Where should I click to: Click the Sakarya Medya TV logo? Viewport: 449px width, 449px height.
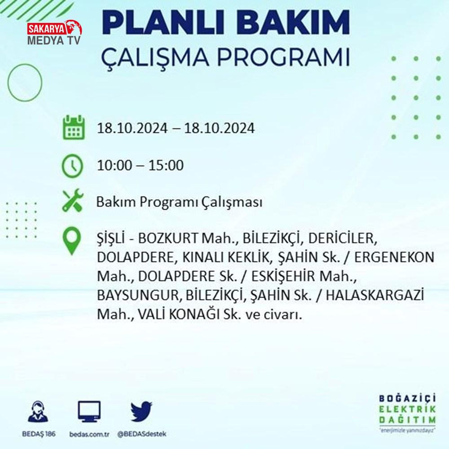(54, 32)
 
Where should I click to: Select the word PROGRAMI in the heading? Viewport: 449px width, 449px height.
(283, 57)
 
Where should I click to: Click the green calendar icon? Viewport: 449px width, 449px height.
(74, 128)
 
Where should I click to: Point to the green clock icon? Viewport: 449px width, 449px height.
(72, 166)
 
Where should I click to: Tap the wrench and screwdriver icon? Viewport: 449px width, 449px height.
(73, 200)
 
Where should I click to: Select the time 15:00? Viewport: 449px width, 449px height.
(166, 165)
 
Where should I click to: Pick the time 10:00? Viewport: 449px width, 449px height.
(114, 165)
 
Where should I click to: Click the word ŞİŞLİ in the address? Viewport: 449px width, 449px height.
(110, 239)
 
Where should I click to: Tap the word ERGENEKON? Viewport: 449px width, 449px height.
(394, 257)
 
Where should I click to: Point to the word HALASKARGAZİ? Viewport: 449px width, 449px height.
(375, 295)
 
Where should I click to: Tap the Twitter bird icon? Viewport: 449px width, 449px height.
(141, 411)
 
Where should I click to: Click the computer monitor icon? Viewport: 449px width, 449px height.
(89, 412)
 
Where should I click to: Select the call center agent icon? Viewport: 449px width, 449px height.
(38, 411)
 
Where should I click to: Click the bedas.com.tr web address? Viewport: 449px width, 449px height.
(89, 434)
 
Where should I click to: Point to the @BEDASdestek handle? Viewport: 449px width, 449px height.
(142, 434)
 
